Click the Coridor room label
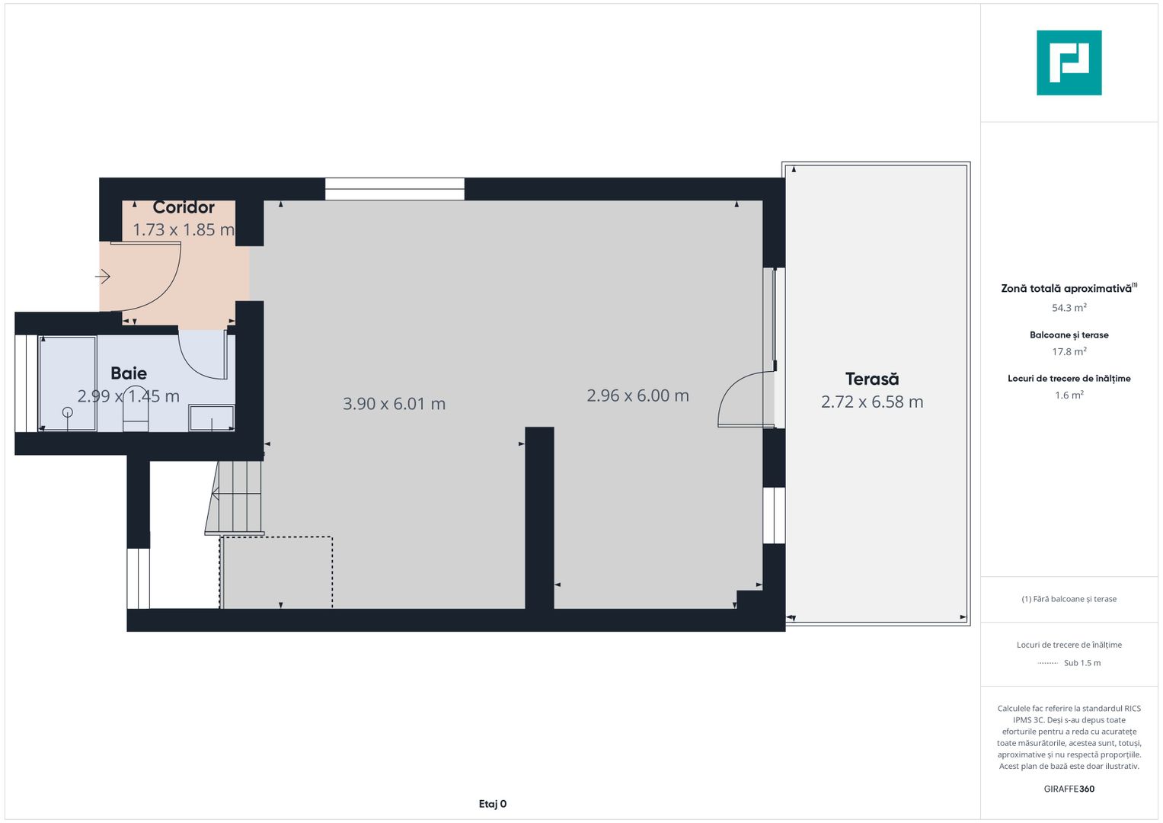pos(184,207)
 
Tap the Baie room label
pos(129,373)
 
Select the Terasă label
pos(872,379)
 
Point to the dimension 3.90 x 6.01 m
pos(394,404)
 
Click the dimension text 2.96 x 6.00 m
pos(637,395)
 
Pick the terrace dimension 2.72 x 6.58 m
pos(872,402)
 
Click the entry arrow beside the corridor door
pos(103,276)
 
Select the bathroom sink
pos(212,418)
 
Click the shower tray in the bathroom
pos(68,383)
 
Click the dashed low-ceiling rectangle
pos(276,572)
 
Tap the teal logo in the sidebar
pos(1069,62)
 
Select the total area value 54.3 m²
pos(1069,308)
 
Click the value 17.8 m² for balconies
pos(1069,351)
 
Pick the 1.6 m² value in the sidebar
pos(1069,395)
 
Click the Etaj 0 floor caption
pos(493,804)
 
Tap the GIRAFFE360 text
pos(1069,789)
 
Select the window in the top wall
pos(395,189)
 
